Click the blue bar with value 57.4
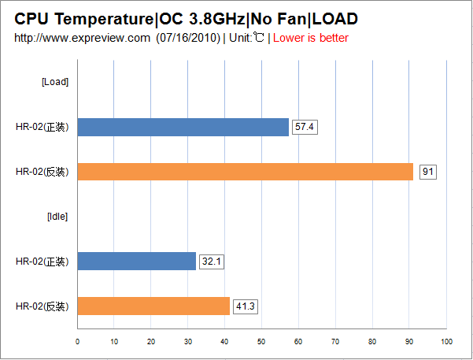183,127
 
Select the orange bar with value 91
245,172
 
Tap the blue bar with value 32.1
136,262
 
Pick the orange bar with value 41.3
153,306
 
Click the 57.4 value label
304,127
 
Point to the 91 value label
428,172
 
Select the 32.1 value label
211,262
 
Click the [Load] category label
54,83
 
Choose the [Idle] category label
57,217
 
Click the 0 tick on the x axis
77,341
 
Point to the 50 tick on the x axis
262,341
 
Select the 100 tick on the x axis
446,341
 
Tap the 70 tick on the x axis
336,341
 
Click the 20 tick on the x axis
151,341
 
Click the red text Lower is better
310,38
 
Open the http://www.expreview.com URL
82,38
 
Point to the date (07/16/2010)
187,38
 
